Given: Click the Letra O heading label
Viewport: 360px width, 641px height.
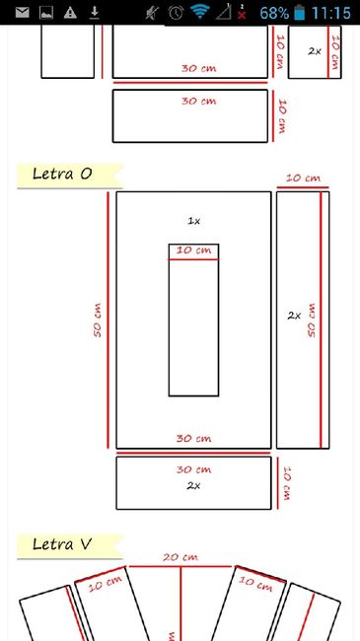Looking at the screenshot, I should pos(62,175).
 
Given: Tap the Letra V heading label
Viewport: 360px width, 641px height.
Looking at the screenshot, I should pos(62,543).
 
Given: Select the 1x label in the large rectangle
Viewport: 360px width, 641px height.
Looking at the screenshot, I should pos(194,221).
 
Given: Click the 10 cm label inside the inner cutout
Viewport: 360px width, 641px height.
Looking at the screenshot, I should pos(193,251).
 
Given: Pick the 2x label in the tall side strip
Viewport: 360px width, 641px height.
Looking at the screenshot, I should pos(294,316).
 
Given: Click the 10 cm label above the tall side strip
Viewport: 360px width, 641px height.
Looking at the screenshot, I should pos(303,178).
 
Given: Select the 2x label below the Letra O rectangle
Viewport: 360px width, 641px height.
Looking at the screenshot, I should pos(193,485).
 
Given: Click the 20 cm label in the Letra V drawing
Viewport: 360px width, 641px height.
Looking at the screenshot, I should pos(178,557).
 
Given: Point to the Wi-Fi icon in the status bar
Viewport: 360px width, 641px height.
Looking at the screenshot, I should pos(201,13).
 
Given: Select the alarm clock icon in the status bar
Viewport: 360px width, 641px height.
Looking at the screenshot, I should pos(176,13).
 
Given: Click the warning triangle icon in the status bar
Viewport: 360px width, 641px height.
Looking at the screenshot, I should pos(70,13).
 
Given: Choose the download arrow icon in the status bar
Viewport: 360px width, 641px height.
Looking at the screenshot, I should pos(95,13).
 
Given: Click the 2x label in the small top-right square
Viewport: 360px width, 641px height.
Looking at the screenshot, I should pos(315,50).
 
